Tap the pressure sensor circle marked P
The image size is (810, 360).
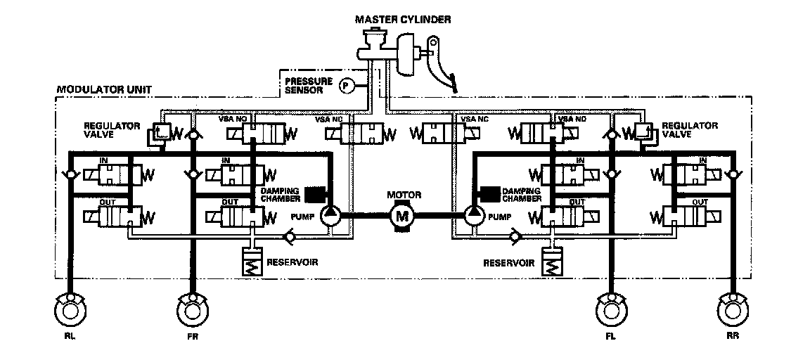346,86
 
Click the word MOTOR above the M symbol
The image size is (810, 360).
403,193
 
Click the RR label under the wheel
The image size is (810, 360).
733,337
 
